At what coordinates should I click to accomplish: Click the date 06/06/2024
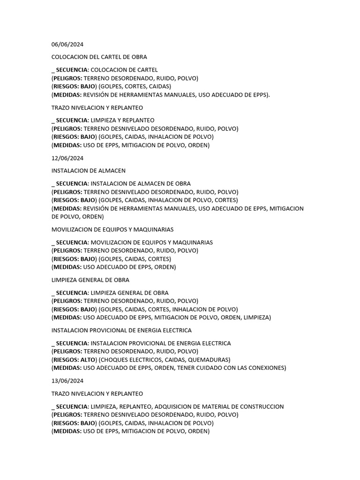67,45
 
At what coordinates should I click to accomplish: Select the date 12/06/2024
67,158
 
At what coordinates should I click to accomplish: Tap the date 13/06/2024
67,381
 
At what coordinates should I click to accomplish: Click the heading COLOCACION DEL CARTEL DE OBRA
99,57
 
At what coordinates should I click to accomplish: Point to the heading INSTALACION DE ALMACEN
88,171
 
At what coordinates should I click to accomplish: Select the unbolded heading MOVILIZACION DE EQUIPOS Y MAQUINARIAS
112,230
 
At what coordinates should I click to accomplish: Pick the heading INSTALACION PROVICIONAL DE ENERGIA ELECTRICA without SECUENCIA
121,330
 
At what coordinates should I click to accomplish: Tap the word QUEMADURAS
211,360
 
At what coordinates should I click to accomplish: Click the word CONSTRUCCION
260,406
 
